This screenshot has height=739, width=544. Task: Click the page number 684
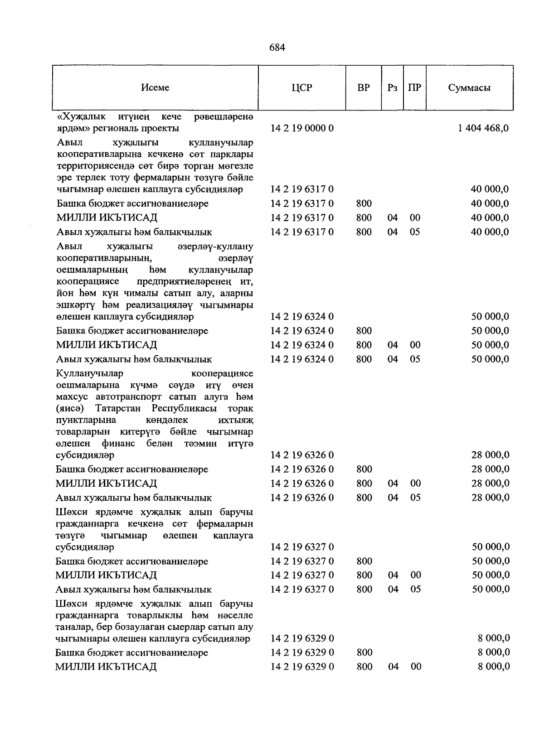(277, 47)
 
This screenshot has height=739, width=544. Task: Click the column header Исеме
(155, 88)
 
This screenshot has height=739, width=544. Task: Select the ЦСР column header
(302, 88)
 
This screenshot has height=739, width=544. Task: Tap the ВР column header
(364, 88)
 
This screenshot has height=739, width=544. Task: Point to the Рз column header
(393, 88)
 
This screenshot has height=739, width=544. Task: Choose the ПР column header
(414, 88)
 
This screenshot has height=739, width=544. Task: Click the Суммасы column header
(469, 88)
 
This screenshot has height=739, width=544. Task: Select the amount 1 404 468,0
(483, 128)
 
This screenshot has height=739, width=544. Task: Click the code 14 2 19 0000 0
(302, 128)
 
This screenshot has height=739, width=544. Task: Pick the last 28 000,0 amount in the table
(490, 497)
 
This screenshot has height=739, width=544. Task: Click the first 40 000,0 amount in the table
(490, 189)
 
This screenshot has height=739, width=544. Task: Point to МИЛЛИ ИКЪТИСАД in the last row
(106, 667)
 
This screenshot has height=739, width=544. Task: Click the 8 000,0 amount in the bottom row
(494, 667)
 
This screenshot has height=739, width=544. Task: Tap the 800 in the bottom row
(364, 667)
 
